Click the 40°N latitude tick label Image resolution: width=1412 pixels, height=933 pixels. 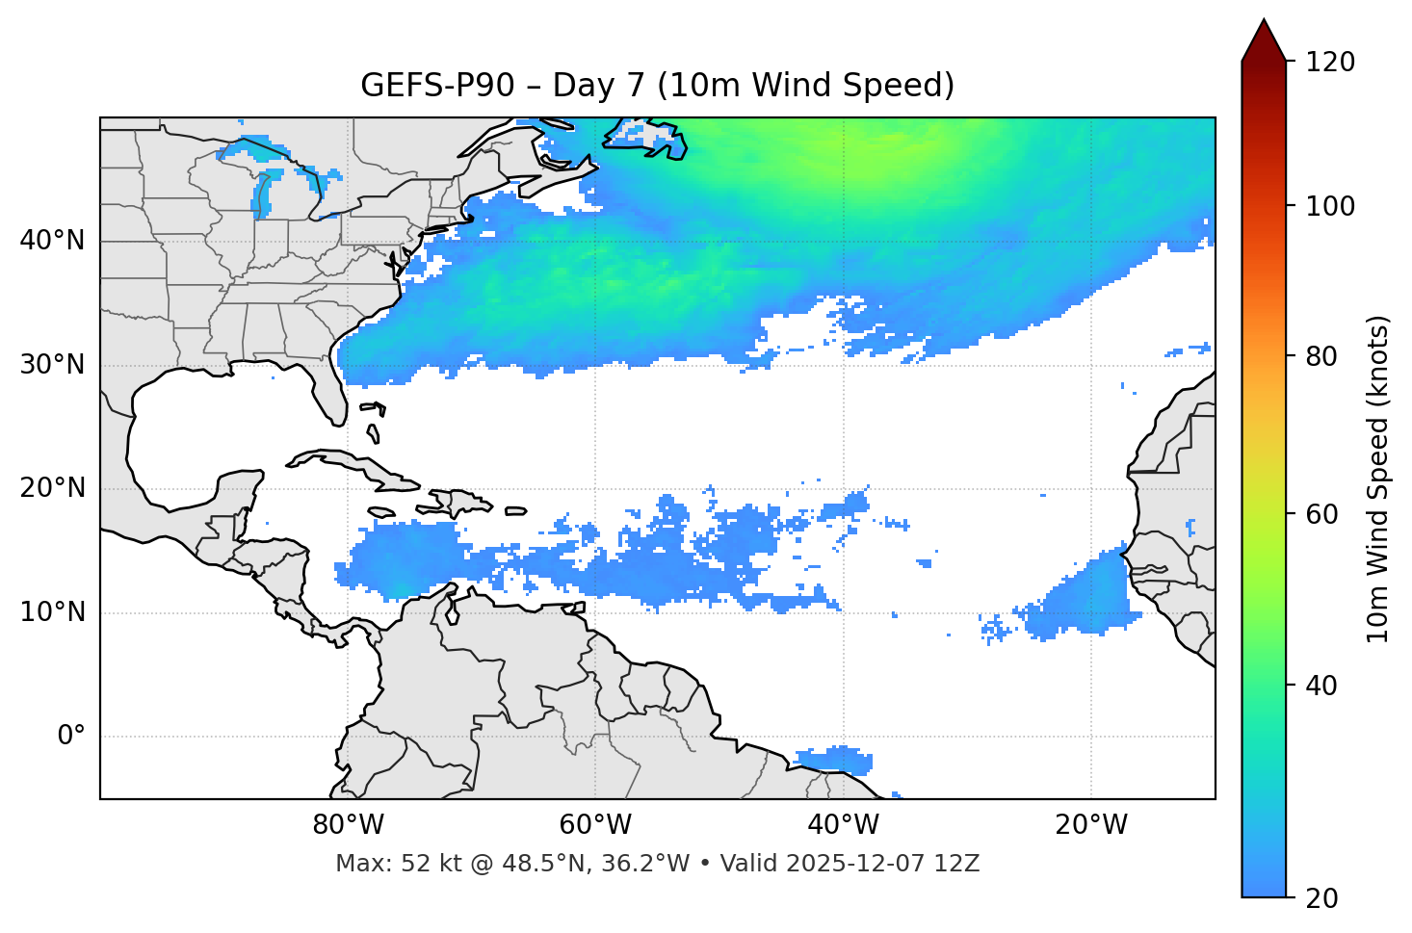52,241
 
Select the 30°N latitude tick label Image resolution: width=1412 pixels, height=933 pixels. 52,365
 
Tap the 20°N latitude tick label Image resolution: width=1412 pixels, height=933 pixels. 52,488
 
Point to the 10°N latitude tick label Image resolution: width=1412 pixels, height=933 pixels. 52,612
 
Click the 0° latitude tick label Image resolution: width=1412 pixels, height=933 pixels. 71,737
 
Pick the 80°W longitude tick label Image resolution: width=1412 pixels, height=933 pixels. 348,825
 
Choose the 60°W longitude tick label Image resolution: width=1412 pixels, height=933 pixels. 595,825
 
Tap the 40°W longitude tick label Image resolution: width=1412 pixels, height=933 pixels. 844,825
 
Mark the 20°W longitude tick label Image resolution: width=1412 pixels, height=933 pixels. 1091,825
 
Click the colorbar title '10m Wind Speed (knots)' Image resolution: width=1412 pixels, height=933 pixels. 1379,479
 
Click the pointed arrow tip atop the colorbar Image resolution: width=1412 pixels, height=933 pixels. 1264,21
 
